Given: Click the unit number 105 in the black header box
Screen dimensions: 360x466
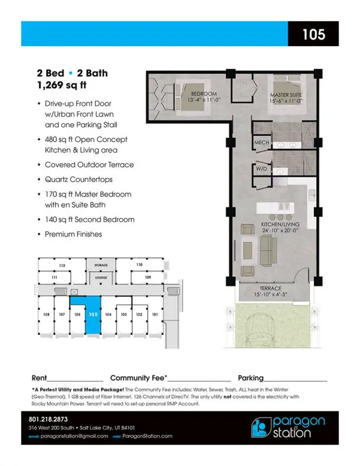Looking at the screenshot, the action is [314, 34].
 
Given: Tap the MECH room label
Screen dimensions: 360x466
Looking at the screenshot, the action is [262, 143].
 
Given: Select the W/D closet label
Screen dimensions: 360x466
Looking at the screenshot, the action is [261, 169].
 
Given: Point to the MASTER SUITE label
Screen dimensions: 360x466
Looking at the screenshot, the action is [286, 95].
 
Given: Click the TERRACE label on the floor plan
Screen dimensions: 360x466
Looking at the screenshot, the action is [270, 288].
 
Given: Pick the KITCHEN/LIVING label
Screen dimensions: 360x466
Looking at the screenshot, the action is [280, 224].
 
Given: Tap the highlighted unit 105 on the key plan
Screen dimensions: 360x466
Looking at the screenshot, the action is [93, 315].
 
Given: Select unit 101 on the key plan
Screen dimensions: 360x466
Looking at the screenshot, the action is [155, 315].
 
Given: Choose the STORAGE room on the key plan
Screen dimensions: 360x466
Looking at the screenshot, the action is [101, 265].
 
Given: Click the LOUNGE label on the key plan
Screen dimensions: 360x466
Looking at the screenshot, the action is [101, 277].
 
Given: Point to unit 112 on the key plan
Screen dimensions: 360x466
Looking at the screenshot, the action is [62, 266].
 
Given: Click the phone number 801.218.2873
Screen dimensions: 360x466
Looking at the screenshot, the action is [48, 419].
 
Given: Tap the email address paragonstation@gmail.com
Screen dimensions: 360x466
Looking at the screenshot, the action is [74, 436].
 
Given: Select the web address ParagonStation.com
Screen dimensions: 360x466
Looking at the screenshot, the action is [147, 436].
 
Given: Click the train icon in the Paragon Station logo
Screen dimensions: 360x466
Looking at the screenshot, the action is [260, 428].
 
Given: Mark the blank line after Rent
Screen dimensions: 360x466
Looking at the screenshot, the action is [75, 381].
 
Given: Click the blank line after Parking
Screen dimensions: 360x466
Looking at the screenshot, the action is [295, 381].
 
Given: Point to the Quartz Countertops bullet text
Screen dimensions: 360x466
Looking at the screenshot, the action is [79, 180].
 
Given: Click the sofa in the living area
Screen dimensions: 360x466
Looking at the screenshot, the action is [268, 250].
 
